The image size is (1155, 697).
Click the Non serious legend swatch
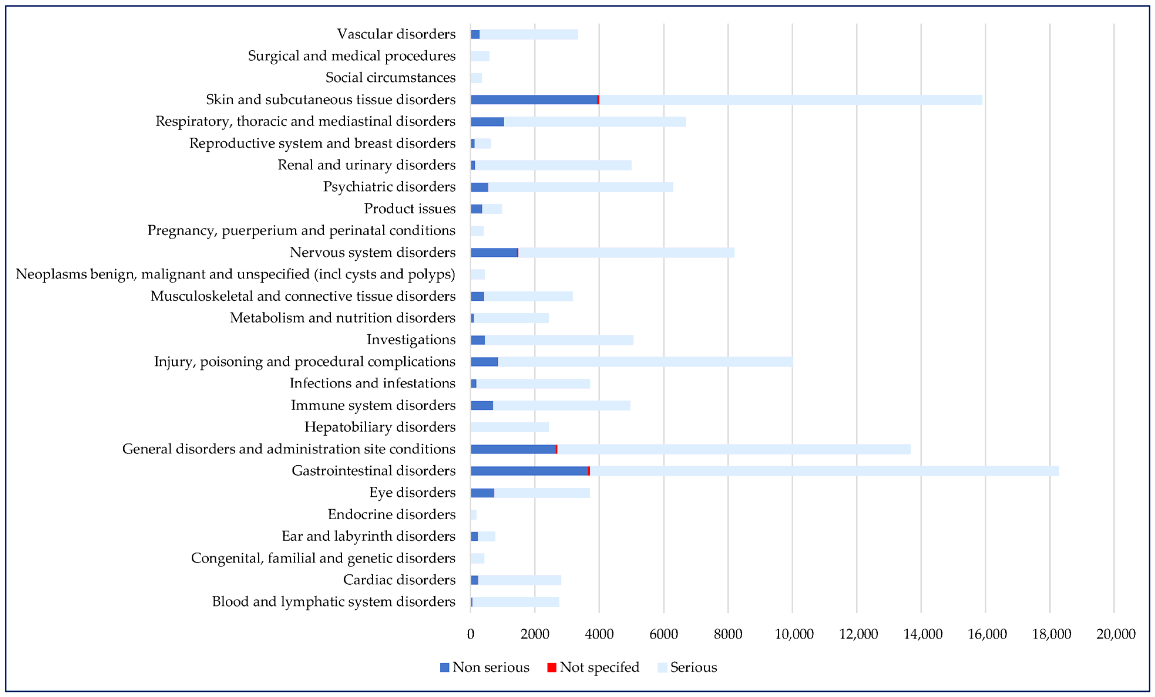point(444,667)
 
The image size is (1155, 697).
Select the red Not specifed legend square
point(552,667)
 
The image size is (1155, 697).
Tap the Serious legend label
point(693,667)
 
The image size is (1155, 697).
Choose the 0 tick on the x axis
point(471,634)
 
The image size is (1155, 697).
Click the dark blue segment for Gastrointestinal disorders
point(530,471)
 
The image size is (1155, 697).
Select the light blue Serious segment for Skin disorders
point(790,100)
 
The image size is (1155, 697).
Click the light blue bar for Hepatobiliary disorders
point(510,427)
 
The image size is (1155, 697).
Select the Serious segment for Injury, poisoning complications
point(645,362)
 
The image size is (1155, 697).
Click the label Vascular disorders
point(396,34)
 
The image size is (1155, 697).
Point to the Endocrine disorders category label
point(391,515)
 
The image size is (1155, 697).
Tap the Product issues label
point(410,209)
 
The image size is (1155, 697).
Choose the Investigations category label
point(411,340)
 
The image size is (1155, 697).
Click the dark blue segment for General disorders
point(513,449)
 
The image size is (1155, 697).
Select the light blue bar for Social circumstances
point(476,78)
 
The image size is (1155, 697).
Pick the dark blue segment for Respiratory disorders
point(487,122)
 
